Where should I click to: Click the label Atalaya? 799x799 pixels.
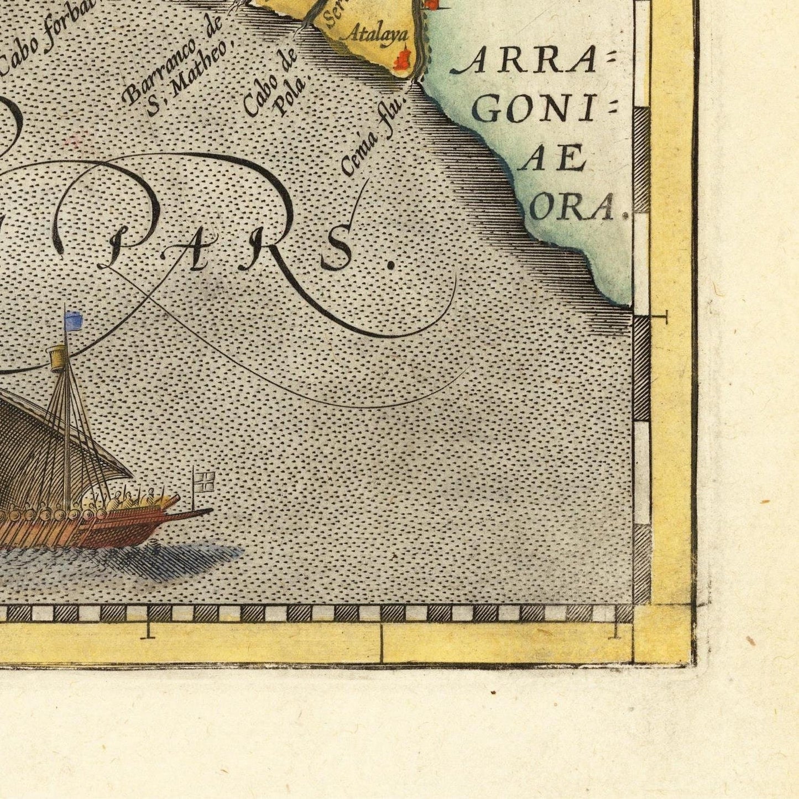point(381,34)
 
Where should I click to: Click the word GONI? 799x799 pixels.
point(534,112)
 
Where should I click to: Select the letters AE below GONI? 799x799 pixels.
point(553,160)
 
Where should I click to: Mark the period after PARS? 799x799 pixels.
point(391,264)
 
